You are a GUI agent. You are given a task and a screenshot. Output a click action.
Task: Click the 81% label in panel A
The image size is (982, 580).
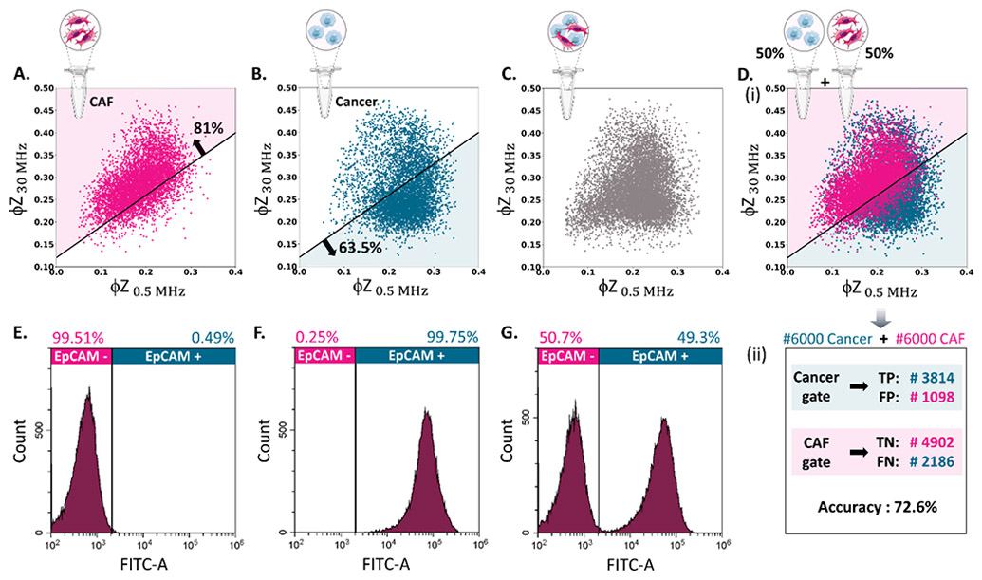(208, 128)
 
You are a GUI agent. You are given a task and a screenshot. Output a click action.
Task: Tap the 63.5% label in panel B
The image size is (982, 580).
(361, 248)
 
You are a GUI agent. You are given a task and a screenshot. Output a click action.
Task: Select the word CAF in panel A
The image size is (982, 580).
(102, 101)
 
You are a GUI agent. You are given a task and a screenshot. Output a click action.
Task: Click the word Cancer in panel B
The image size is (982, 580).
(356, 101)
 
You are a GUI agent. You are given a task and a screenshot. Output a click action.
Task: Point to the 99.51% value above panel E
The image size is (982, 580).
(77, 338)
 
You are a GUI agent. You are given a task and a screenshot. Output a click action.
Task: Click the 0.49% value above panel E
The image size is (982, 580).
(213, 338)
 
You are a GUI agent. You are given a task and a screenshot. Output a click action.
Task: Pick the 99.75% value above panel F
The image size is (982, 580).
(453, 338)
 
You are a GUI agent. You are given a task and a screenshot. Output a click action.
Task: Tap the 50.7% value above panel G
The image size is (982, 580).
(560, 338)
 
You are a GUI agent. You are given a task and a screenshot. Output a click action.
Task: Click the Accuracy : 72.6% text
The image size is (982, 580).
(878, 507)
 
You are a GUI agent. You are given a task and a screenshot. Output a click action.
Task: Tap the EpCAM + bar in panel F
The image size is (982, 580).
(417, 356)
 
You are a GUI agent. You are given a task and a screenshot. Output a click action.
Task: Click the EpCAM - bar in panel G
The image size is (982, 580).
(568, 356)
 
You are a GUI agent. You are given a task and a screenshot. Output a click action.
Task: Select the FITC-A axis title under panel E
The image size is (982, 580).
(143, 565)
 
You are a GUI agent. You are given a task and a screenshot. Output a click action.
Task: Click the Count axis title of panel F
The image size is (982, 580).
(264, 441)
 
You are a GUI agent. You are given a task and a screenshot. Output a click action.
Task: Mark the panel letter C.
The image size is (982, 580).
(510, 74)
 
